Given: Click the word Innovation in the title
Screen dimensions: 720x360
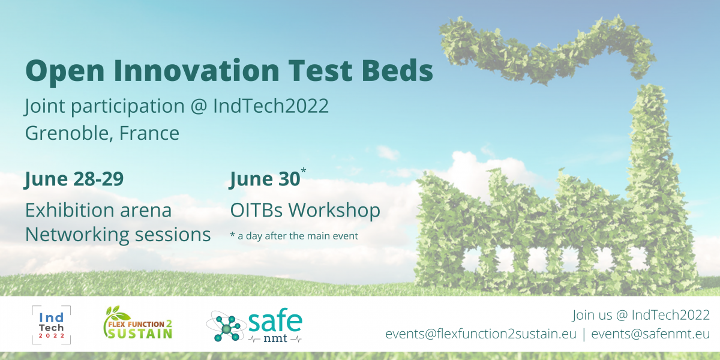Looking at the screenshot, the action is click(196, 70).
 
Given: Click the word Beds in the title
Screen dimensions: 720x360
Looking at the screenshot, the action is click(397, 70).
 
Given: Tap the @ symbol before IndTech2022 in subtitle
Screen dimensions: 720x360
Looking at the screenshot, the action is click(199, 106).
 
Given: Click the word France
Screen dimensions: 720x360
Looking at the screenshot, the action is click(149, 133).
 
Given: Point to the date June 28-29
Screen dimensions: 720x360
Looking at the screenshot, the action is click(74, 179).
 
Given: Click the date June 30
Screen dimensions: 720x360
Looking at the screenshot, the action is click(265, 179).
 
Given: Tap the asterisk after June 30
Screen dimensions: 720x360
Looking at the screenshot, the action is click(304, 170).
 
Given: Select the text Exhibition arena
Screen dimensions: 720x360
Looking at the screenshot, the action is click(98, 210).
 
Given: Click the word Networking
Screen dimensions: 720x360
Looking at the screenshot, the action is click(77, 235).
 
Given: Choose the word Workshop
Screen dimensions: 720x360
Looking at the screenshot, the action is click(334, 210).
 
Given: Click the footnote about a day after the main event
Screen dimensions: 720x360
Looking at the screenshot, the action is click(294, 236).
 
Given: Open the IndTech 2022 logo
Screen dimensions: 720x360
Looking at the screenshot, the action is click(52, 325).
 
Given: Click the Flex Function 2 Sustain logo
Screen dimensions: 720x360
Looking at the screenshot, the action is click(137, 322).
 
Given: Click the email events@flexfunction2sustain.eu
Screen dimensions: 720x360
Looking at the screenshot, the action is click(481, 334).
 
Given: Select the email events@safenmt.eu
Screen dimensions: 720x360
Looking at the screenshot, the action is click(650, 334).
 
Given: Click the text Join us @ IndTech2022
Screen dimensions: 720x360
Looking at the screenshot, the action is click(641, 315).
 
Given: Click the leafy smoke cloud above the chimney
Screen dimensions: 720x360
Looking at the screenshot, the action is click(547, 52).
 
